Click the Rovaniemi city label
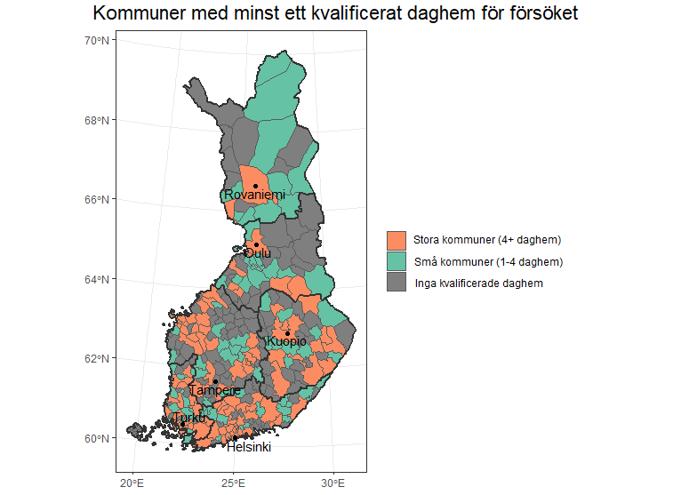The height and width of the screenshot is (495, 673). tap(254, 195)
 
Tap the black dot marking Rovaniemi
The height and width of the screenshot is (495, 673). tap(255, 186)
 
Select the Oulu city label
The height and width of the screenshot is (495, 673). tap(257, 253)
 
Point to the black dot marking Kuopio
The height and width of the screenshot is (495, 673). tap(287, 333)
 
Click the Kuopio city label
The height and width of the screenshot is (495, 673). tap(287, 341)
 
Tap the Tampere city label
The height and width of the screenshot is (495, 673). tap(214, 390)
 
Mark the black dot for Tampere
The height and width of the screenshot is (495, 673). tap(215, 381)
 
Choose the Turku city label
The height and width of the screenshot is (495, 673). tap(188, 418)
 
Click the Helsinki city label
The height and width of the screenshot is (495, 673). tap(248, 447)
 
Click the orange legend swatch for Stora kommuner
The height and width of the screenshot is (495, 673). tap(397, 240)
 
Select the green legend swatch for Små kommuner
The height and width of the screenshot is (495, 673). tap(397, 261)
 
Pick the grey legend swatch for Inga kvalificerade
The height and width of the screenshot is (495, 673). tap(397, 283)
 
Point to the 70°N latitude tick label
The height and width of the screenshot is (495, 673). tap(97, 40)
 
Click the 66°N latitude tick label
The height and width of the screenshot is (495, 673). tap(97, 199)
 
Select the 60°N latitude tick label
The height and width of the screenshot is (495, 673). tap(97, 438)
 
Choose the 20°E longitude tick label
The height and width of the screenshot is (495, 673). tap(132, 483)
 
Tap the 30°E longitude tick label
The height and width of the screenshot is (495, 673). tap(332, 483)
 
